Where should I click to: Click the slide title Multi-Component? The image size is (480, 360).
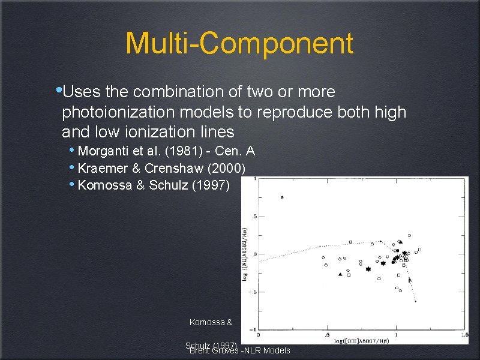pyautogui.click(x=239, y=44)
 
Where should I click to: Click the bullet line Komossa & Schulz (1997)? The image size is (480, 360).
pyautogui.click(x=154, y=185)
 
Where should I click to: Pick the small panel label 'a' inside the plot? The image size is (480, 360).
pyautogui.click(x=282, y=197)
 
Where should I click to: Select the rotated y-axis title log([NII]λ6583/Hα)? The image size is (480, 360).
pyautogui.click(x=245, y=252)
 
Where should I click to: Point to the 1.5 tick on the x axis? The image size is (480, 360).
pyautogui.click(x=464, y=335)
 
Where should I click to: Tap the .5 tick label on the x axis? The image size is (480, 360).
pyautogui.click(x=327, y=335)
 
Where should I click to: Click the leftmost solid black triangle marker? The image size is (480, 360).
pyautogui.click(x=341, y=274)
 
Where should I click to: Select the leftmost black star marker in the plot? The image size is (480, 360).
pyautogui.click(x=368, y=269)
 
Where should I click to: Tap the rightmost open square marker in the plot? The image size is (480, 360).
pyautogui.click(x=420, y=249)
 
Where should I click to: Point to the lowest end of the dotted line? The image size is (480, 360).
pyautogui.click(x=416, y=301)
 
